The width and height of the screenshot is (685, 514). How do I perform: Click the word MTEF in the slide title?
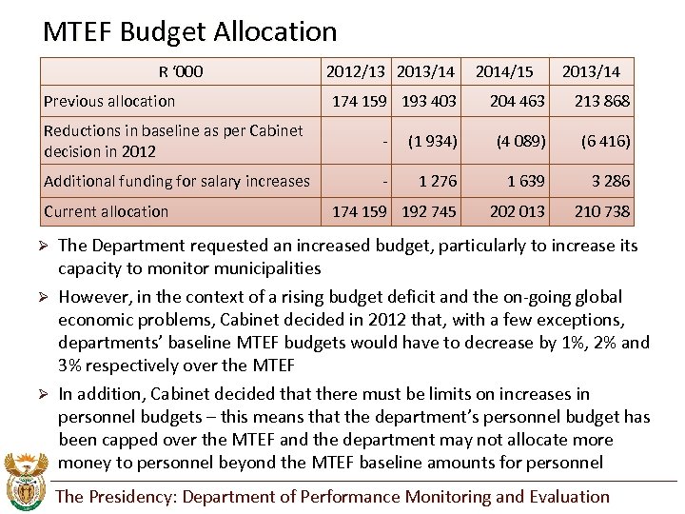pos(81,32)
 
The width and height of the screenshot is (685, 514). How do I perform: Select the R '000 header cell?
pos(181,71)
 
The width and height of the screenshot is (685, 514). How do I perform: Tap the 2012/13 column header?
pos(357,71)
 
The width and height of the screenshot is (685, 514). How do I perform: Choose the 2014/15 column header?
pos(504,71)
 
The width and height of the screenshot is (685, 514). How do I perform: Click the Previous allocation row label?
pos(109,101)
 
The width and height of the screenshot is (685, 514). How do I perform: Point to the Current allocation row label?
pos(106,211)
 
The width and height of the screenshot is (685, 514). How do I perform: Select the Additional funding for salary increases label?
pos(177,181)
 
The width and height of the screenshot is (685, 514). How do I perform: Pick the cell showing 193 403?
pos(429,101)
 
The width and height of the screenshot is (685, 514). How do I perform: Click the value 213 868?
pos(602,101)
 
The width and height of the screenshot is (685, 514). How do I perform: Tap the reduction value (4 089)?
pos(520,141)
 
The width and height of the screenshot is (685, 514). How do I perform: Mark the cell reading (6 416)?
pos(605,141)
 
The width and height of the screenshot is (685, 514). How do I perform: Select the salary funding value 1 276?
pos(438,181)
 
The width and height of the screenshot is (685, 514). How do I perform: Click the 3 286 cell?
pos(611,181)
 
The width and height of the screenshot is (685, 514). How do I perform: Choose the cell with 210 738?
pos(602,211)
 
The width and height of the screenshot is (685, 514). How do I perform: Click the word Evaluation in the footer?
pos(568,497)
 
